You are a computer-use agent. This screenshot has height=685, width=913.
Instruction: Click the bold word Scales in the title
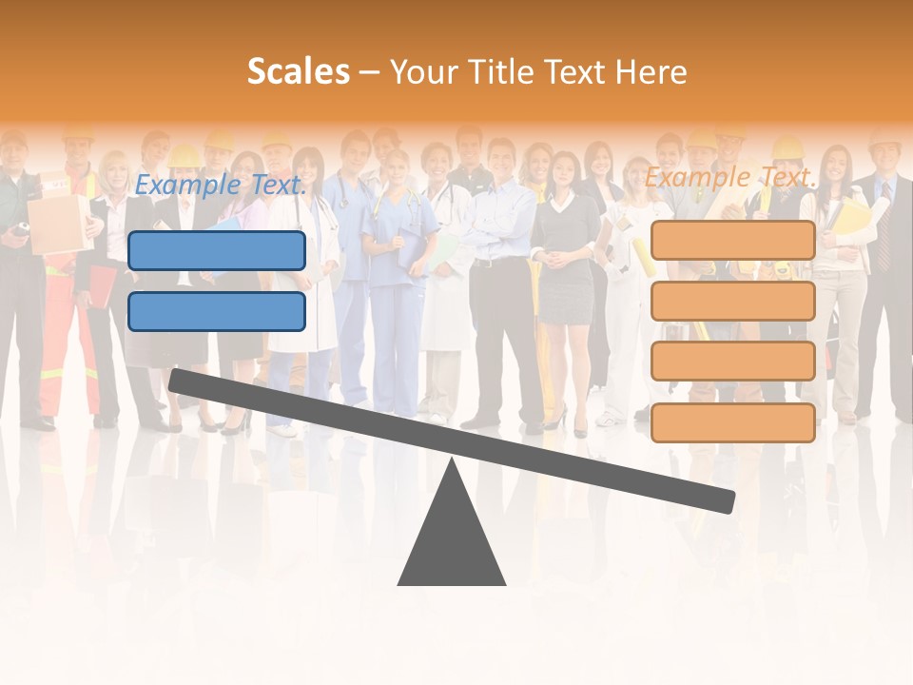[x=298, y=71]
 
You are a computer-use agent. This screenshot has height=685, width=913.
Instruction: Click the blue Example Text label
[x=221, y=185]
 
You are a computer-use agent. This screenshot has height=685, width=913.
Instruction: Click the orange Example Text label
[x=730, y=177]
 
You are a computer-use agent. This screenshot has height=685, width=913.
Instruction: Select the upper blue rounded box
[x=217, y=250]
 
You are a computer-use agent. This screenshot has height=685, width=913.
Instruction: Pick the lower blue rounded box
[x=217, y=311]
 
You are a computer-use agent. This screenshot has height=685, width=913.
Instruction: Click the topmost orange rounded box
[x=732, y=241]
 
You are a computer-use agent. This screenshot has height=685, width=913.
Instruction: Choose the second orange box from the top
[x=732, y=301]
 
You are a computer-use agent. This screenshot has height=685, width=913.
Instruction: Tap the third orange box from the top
[x=732, y=362]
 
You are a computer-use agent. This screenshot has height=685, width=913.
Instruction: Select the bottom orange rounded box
[x=732, y=422]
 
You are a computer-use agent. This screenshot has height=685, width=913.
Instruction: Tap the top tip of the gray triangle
[x=453, y=464]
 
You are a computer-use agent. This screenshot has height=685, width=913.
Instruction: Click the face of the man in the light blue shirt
[x=501, y=154]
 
